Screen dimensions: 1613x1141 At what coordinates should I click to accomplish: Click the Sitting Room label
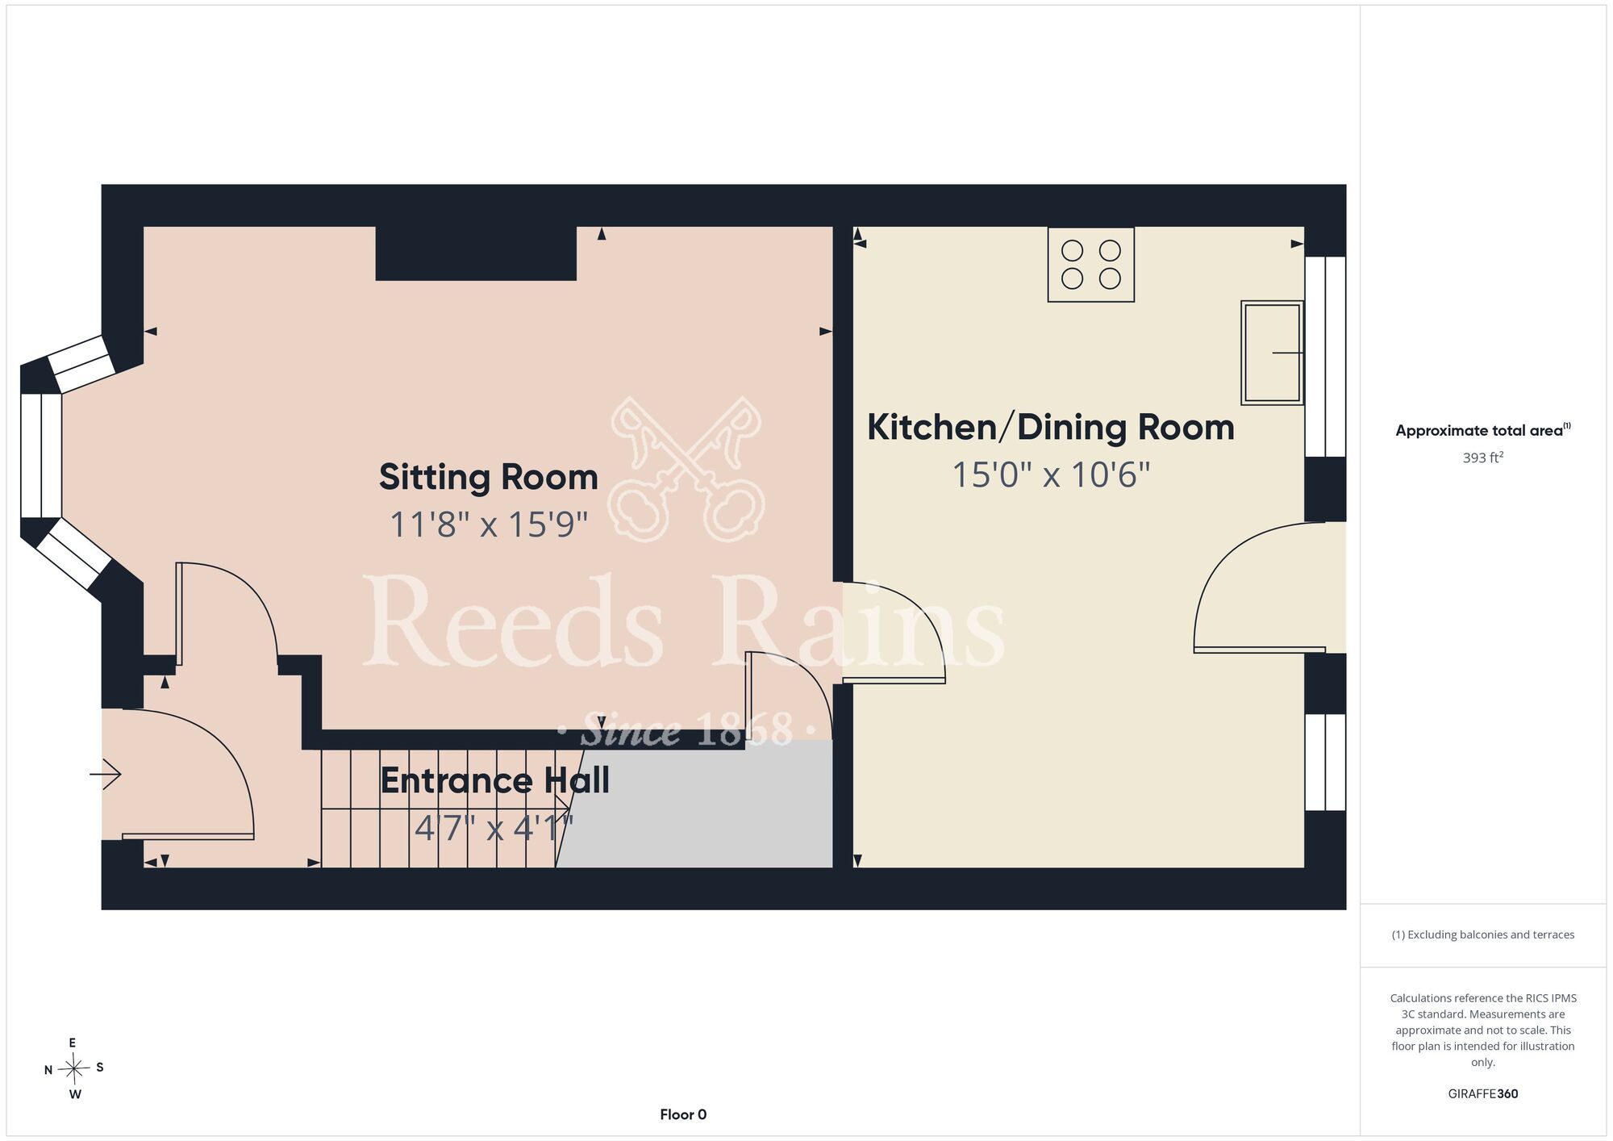[489, 477]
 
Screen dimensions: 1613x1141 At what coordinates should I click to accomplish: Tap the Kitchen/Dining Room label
[1051, 428]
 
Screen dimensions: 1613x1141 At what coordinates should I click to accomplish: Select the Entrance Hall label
[494, 780]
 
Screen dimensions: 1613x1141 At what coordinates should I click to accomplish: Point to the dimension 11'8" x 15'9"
[489, 525]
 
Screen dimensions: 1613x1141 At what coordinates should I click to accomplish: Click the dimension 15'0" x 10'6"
[1051, 474]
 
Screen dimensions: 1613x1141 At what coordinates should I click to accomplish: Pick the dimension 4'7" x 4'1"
[494, 828]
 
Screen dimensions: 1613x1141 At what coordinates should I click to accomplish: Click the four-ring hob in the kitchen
[1091, 265]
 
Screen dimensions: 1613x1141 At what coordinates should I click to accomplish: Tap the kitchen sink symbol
[1273, 353]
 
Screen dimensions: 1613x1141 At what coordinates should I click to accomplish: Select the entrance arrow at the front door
[105, 775]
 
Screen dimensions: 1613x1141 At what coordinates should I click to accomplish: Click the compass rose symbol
[74, 1069]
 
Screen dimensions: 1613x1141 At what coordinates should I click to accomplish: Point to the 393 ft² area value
[1483, 458]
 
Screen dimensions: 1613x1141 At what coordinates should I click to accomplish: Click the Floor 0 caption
[683, 1114]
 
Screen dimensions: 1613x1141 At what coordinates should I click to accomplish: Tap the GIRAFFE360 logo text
[1483, 1094]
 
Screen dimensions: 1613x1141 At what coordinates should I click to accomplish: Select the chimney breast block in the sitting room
[476, 253]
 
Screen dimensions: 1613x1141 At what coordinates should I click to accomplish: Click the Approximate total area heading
[1483, 430]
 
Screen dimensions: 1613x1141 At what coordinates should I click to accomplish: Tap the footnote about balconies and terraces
[1483, 934]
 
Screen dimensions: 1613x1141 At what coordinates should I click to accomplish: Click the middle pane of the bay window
[41, 455]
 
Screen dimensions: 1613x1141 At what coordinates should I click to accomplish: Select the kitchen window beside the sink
[1325, 357]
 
